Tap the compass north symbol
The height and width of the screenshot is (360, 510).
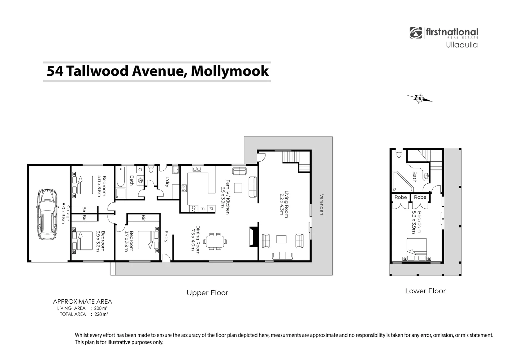click(x=420, y=98)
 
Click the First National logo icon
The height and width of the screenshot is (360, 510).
click(x=416, y=33)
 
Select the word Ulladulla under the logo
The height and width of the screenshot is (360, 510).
click(x=462, y=45)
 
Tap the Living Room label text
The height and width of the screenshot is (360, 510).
click(x=284, y=204)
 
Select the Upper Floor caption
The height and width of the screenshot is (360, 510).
click(x=207, y=293)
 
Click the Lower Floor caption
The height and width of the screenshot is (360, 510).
click(x=425, y=291)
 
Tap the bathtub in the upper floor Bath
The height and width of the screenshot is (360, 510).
click(x=120, y=177)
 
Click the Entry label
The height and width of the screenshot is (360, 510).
click(x=166, y=237)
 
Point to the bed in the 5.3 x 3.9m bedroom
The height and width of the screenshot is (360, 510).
click(x=416, y=250)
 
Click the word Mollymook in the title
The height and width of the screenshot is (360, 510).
click(x=230, y=71)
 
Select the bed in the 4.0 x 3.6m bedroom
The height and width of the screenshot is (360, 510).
click(x=83, y=185)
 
